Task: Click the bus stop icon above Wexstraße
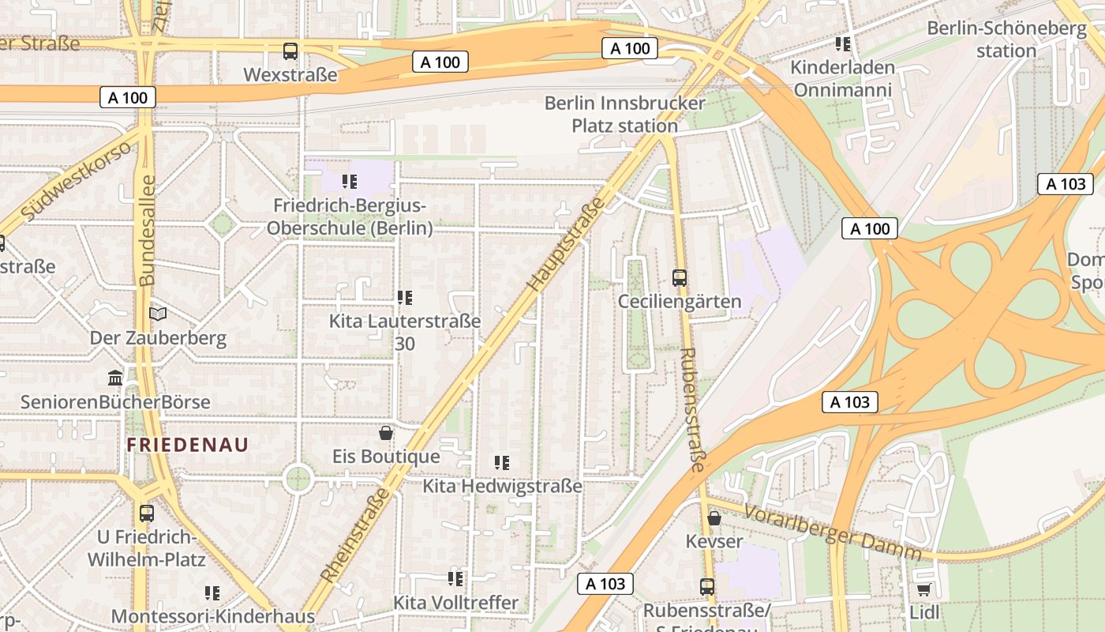(x=290, y=51)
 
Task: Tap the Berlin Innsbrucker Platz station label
(x=624, y=115)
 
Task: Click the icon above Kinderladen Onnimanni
(x=843, y=44)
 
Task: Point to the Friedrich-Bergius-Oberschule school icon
(x=350, y=182)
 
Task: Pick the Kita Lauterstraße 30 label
(x=405, y=332)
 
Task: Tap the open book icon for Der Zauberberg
(x=158, y=314)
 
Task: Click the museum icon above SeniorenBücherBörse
(x=115, y=378)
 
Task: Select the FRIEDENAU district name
(x=188, y=445)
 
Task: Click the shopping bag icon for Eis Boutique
(x=386, y=433)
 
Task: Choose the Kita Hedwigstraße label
(x=502, y=485)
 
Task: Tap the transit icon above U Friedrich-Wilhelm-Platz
(x=147, y=513)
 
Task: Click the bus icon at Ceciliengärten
(x=680, y=278)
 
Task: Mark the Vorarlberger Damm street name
(x=833, y=531)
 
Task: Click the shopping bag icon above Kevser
(x=714, y=518)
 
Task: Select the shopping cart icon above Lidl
(x=923, y=589)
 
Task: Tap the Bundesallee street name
(x=147, y=231)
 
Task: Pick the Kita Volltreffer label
(x=455, y=602)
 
